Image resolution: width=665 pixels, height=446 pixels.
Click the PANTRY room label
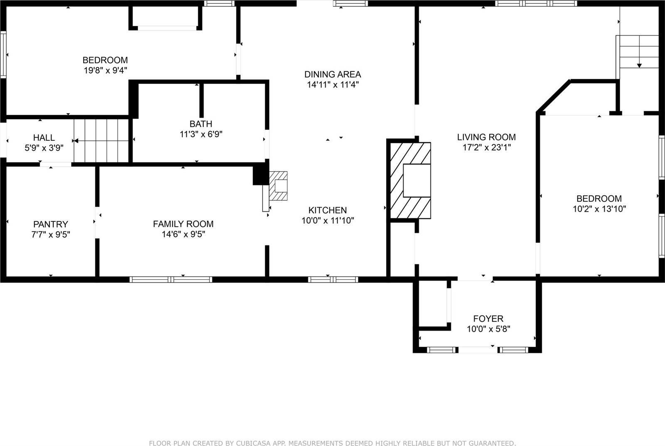click(x=51, y=224)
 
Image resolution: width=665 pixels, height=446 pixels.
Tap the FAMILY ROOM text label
click(x=183, y=224)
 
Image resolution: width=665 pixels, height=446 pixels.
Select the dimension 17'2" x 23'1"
click(x=486, y=147)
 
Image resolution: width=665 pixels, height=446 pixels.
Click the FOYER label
click(x=488, y=319)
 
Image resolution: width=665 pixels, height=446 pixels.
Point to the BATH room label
click(x=201, y=124)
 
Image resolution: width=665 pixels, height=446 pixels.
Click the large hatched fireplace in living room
click(x=410, y=180)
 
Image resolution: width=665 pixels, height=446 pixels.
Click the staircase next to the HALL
click(x=101, y=140)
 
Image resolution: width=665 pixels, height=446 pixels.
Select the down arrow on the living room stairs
click(x=639, y=65)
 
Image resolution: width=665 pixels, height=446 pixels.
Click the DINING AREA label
click(x=332, y=74)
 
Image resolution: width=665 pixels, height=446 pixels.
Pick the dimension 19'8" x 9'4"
click(x=105, y=71)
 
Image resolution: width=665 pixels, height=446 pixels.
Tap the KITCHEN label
click(x=328, y=210)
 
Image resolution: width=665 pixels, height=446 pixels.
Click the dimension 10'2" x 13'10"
click(x=599, y=209)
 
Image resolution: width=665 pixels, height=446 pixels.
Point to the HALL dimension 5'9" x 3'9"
click(x=44, y=148)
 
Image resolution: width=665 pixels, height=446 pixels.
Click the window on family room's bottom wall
click(x=171, y=279)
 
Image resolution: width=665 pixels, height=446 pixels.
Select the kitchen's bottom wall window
click(x=333, y=279)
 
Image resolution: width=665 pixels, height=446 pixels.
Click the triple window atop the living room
click(x=536, y=3)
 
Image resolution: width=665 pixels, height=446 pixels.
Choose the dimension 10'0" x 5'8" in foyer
click(x=488, y=329)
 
